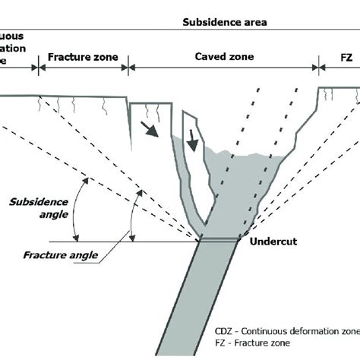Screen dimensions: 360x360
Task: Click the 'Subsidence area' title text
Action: tap(224, 22)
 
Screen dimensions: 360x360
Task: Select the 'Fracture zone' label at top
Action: tap(83, 56)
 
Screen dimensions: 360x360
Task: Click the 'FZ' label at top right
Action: tap(339, 56)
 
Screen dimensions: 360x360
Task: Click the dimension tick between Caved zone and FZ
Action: tap(318, 68)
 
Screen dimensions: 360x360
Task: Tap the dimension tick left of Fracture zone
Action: tap(36, 68)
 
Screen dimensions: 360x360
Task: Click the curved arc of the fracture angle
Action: tap(132, 217)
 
